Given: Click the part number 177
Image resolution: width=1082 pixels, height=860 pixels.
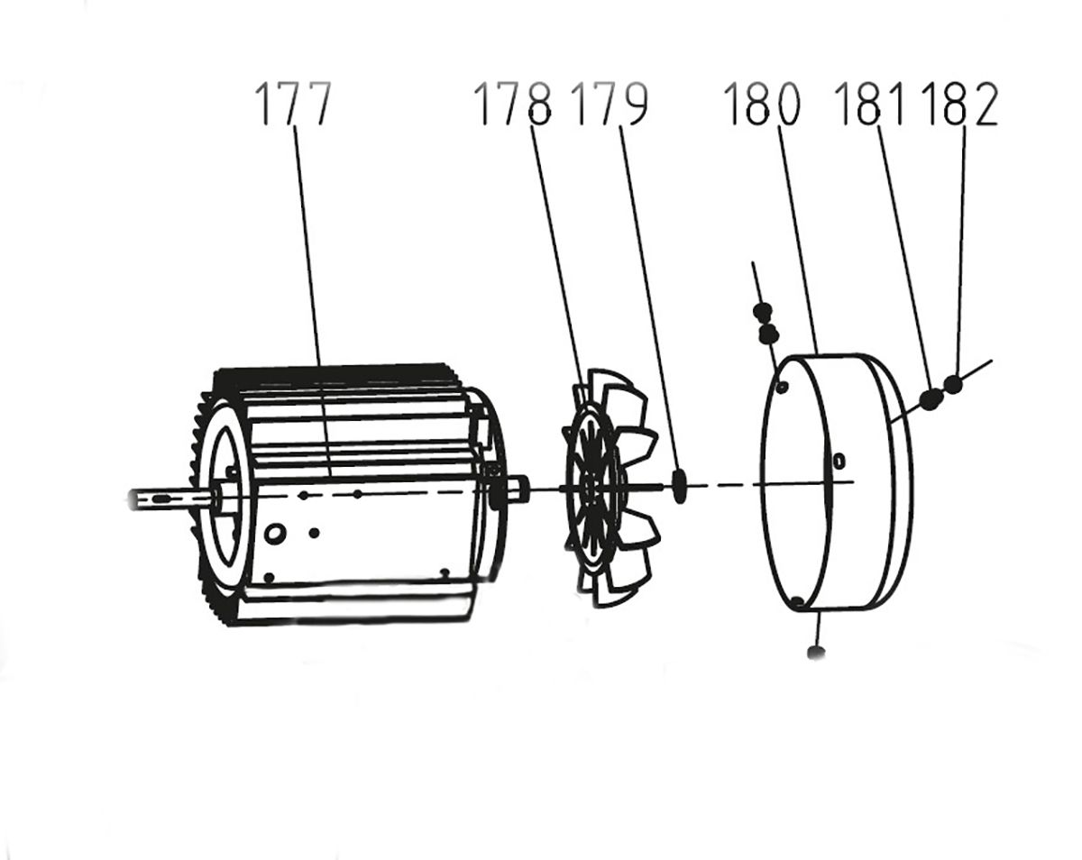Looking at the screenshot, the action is [x=294, y=105].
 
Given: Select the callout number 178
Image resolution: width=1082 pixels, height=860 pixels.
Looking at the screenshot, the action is [x=512, y=105].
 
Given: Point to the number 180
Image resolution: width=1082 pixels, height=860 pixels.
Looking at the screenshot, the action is [x=762, y=105].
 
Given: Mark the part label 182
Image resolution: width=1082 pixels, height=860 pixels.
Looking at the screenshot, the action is [x=960, y=105].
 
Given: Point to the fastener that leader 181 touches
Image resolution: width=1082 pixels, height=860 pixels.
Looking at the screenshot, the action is [x=930, y=397].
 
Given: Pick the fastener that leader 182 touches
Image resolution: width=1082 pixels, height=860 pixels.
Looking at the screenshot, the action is [x=954, y=384].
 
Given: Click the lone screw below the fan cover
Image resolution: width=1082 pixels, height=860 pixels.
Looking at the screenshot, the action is [x=817, y=651].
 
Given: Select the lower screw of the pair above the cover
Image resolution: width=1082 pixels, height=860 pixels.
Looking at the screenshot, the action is [x=768, y=334].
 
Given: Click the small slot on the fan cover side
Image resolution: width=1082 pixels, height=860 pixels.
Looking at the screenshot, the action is [x=839, y=461].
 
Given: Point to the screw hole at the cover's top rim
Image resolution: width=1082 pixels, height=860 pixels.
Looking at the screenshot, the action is [x=783, y=387].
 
